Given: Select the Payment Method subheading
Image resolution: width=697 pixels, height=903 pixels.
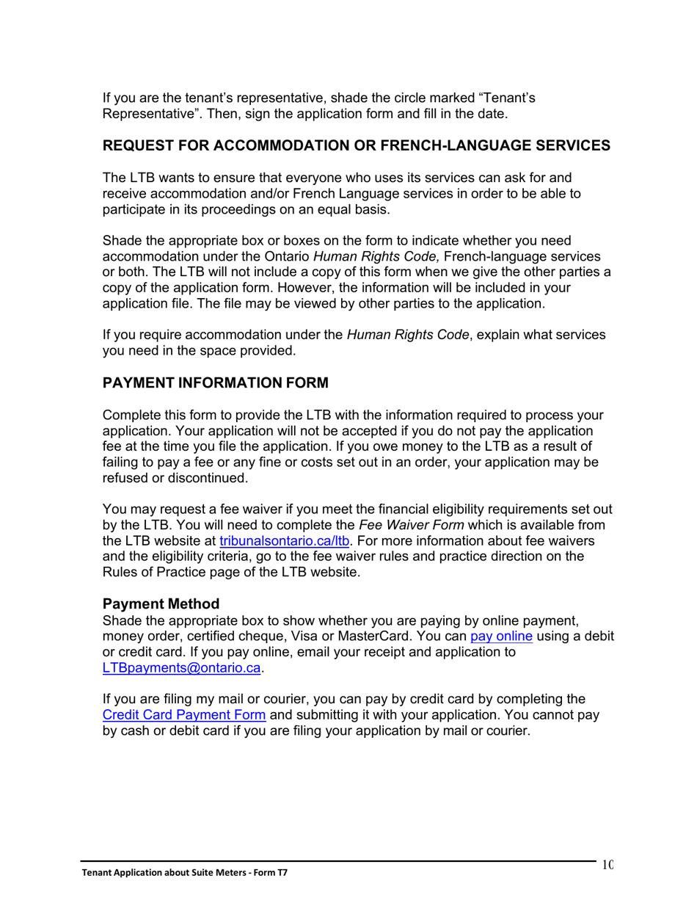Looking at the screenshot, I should [161, 604].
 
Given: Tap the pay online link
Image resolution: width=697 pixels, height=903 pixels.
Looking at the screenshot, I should [501, 636].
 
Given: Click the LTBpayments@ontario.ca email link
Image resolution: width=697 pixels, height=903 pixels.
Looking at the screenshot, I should [182, 668].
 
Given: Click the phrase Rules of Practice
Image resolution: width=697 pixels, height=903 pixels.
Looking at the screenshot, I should [150, 573].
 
